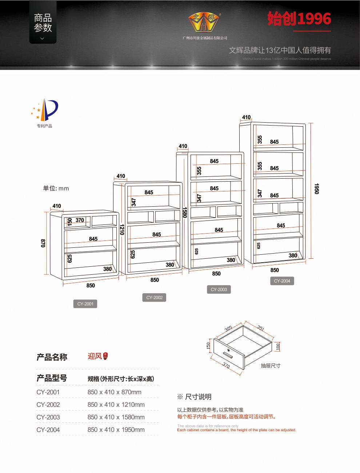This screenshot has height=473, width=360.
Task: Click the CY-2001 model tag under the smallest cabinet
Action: point(85,304)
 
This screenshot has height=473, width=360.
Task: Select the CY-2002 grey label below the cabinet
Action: point(155,298)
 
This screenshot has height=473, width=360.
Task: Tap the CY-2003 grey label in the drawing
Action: point(219,290)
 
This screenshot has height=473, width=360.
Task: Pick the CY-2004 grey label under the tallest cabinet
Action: point(282,281)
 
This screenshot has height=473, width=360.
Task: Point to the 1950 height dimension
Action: point(317,189)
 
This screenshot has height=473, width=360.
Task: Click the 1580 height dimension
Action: point(185,212)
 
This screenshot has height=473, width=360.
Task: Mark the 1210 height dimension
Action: point(122,230)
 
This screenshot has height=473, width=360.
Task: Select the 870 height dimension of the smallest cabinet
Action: point(43,243)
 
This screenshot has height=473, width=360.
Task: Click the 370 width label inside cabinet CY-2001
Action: point(80,220)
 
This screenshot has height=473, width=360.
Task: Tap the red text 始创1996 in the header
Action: point(299,19)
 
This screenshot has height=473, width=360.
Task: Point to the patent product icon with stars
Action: point(45,110)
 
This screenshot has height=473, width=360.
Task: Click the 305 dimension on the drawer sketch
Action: point(228,329)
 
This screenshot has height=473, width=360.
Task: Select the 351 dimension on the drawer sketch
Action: point(261,328)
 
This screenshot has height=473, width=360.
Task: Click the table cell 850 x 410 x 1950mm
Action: point(116,430)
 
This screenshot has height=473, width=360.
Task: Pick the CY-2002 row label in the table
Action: point(48,405)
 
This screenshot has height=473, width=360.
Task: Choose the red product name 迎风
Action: point(95,356)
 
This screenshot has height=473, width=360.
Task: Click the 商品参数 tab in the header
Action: point(43,23)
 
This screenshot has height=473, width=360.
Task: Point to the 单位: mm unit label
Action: point(56,188)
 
